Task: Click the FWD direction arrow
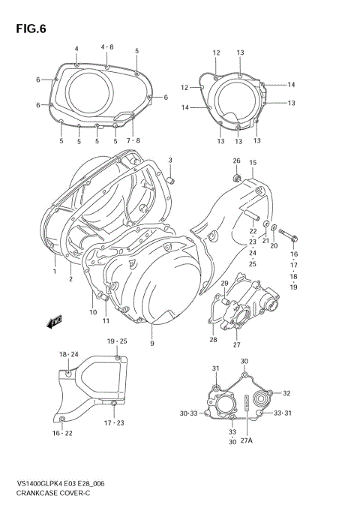55,322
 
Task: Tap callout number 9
151,343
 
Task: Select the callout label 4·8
107,47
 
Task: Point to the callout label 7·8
133,140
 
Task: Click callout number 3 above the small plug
169,161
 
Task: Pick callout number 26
235,161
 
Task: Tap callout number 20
274,245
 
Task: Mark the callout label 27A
246,442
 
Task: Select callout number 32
286,392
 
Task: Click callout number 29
223,283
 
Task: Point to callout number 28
213,340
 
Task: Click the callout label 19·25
116,341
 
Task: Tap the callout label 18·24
68,353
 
